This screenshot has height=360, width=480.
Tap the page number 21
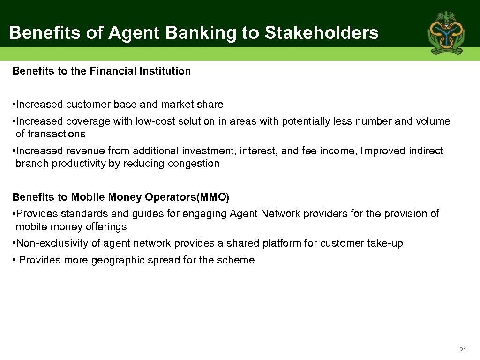(x=463, y=350)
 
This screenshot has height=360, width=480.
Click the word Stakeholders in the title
(x=322, y=33)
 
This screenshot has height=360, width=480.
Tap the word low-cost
(x=155, y=121)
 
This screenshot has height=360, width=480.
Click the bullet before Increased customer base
(x=14, y=105)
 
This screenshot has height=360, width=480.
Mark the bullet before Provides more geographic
(x=14, y=260)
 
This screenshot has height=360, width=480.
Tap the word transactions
(x=56, y=134)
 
